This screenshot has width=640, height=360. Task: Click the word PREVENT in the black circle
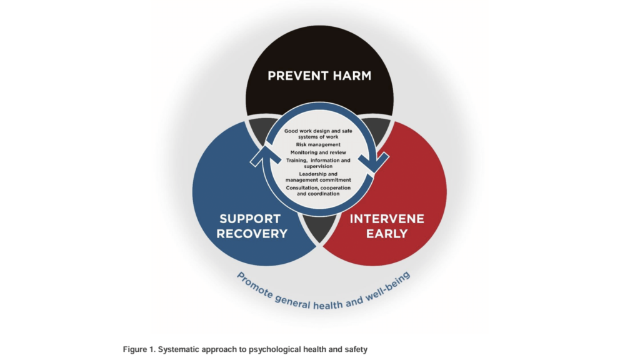click(x=297, y=76)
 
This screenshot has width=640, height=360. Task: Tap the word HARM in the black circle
click(x=352, y=76)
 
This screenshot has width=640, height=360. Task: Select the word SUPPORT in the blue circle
click(x=250, y=219)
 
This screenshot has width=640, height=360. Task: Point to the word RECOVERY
click(x=252, y=234)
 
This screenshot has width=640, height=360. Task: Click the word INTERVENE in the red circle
click(x=387, y=219)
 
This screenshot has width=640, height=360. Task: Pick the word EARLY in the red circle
click(x=387, y=234)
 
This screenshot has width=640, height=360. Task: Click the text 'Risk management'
click(x=318, y=144)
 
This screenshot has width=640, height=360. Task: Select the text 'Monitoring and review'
click(x=318, y=152)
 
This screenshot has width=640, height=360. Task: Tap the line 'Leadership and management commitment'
click(x=318, y=177)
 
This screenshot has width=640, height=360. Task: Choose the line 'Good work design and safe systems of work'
click(x=318, y=134)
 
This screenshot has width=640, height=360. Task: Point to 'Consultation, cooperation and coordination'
click(x=318, y=191)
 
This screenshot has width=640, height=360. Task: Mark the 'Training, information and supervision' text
click(x=318, y=163)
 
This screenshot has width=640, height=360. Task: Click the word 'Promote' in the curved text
click(x=255, y=285)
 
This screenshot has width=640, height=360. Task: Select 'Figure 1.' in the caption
click(x=139, y=349)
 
